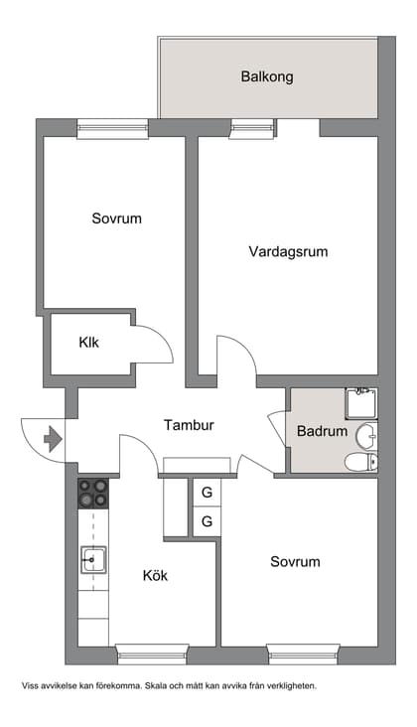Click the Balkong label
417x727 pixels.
pyautogui.click(x=267, y=76)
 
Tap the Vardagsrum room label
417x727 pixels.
pyautogui.click(x=288, y=251)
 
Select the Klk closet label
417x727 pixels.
pyautogui.click(x=89, y=343)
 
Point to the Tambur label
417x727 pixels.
pyautogui.click(x=189, y=425)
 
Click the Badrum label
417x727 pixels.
pyautogui.click(x=322, y=432)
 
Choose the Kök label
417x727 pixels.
pyautogui.click(x=157, y=575)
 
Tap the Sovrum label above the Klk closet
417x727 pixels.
pyautogui.click(x=116, y=218)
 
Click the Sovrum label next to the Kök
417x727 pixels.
pyautogui.click(x=295, y=561)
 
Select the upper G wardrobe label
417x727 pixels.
pyautogui.click(x=207, y=493)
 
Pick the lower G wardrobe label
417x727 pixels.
pyautogui.click(x=207, y=521)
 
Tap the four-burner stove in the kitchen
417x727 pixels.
pyautogui.click(x=93, y=494)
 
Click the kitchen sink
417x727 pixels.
pyautogui.click(x=93, y=561)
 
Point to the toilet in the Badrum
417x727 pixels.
pyautogui.click(x=359, y=461)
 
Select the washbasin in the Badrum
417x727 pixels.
pyautogui.click(x=366, y=435)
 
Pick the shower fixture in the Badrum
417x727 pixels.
pyautogui.click(x=360, y=402)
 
